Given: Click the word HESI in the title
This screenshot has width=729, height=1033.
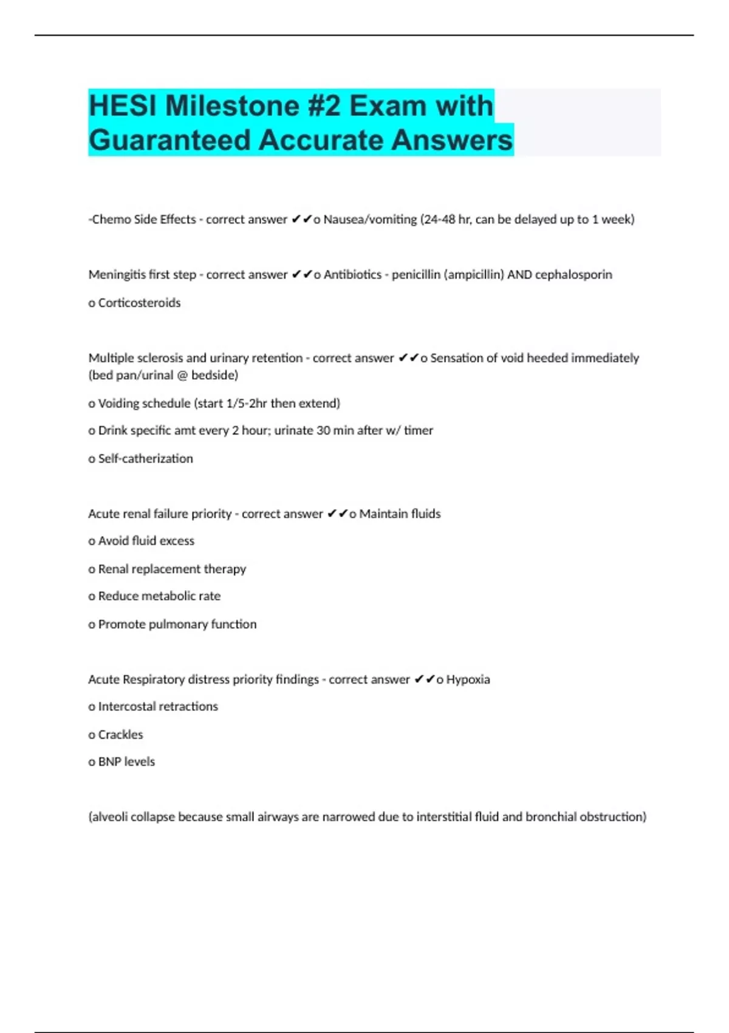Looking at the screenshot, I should pos(123,106).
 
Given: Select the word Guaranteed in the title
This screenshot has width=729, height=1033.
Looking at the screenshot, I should pos(169,140).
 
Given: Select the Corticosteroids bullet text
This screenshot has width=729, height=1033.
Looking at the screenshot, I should pos(139,303).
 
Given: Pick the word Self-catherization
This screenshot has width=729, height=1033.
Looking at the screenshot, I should pos(145,459).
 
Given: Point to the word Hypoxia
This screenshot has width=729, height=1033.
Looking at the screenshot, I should pos(468,679).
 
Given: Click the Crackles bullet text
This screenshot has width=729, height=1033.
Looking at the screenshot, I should pos(120,735).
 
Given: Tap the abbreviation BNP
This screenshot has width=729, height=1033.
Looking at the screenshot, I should pos(109,762).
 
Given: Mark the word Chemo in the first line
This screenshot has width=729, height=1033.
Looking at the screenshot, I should pos(110,219).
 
